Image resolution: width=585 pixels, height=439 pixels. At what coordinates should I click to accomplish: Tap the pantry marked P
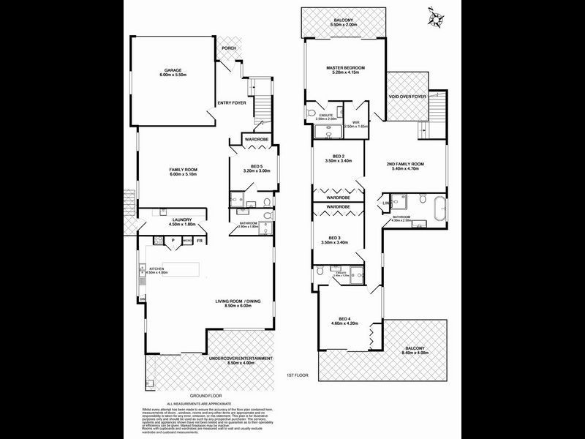click(173, 239)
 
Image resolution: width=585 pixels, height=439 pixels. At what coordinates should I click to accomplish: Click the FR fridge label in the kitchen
click(200, 239)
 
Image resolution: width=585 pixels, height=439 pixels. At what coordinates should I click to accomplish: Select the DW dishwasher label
click(143, 299)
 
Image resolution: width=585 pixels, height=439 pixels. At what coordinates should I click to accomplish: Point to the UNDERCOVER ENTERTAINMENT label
click(241, 359)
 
